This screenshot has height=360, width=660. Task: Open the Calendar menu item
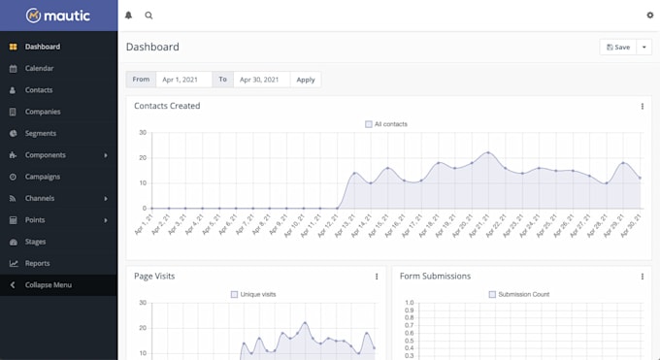(x=39, y=69)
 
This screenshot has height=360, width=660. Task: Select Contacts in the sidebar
(x=39, y=90)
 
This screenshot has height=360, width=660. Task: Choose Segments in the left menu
(x=40, y=133)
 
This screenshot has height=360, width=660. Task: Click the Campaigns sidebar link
(x=43, y=177)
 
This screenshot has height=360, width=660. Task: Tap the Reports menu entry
(x=37, y=263)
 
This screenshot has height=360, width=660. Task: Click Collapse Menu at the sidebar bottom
(x=49, y=285)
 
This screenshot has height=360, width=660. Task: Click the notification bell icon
(x=129, y=16)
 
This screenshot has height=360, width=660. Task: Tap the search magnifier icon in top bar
(x=148, y=16)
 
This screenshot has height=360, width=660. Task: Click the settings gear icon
(x=649, y=16)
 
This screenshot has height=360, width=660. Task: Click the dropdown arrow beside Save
(x=643, y=47)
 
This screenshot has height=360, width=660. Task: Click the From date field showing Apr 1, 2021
(x=184, y=80)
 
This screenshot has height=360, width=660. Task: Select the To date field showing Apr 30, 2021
(x=261, y=80)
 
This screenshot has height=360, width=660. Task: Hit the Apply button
(x=306, y=80)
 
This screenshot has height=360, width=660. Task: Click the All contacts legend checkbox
(x=369, y=124)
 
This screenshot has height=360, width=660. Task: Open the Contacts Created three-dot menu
(x=642, y=107)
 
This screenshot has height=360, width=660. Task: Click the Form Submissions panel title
(x=435, y=277)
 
